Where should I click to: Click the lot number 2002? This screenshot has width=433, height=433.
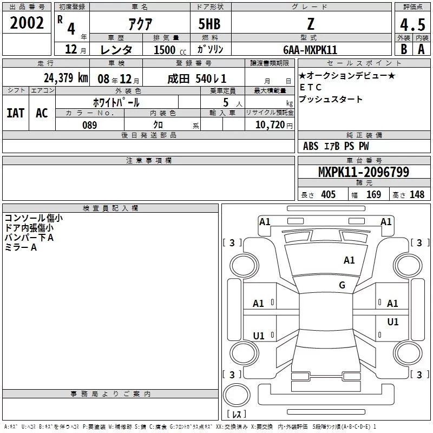tap(27, 23)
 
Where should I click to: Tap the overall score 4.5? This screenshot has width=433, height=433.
tap(412, 24)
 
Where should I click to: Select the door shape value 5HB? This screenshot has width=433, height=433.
tap(209, 24)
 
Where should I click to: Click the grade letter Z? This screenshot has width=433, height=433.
tap(311, 24)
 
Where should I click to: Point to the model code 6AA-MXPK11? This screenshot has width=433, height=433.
tap(310, 50)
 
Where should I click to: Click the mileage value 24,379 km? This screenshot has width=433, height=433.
tap(66, 77)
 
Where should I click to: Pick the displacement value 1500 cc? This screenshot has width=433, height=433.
tap(170, 50)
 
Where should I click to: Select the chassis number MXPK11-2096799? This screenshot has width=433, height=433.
tap(363, 172)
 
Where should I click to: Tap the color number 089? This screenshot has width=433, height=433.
tap(90, 125)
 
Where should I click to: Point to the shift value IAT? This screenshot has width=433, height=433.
tap(16, 113)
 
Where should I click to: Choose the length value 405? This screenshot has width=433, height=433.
tap(329, 194)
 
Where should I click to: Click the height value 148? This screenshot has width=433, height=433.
tap(417, 194)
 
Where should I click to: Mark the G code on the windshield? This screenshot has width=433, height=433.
tap(342, 285)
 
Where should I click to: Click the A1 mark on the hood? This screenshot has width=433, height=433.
tap(349, 260)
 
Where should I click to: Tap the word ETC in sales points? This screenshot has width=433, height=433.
tap(311, 87)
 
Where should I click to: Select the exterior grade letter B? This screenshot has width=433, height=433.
tap(404, 49)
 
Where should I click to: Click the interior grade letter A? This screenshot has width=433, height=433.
tap(421, 49)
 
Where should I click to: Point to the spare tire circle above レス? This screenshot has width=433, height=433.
tap(237, 395)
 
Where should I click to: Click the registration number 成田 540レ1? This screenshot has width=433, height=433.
tap(197, 79)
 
